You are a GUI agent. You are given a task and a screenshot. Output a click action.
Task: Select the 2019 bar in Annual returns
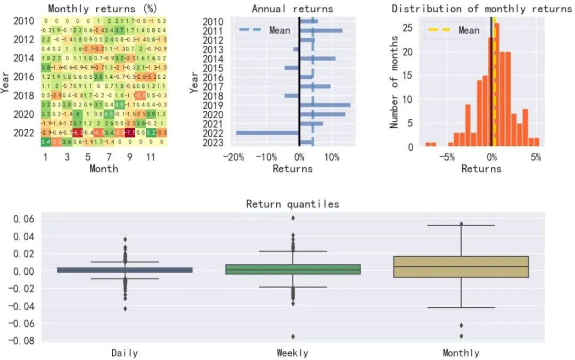point(325,105)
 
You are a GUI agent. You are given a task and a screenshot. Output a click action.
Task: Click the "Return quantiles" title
point(292,204)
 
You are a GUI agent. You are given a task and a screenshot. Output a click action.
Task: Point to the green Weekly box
point(292,269)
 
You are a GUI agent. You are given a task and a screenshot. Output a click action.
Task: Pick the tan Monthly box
point(461,266)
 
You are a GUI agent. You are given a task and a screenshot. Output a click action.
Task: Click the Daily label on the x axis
point(125,353)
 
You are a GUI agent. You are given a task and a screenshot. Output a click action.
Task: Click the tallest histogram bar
point(497,85)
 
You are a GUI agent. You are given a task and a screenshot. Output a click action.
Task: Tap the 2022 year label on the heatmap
point(23,133)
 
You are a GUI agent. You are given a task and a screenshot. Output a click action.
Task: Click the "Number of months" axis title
point(395,81)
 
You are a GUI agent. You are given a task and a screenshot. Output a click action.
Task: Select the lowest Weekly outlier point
point(292,336)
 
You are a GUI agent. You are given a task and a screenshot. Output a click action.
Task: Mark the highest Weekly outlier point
point(292,218)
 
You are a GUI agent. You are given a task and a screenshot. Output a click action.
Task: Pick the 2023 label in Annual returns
point(213,142)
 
